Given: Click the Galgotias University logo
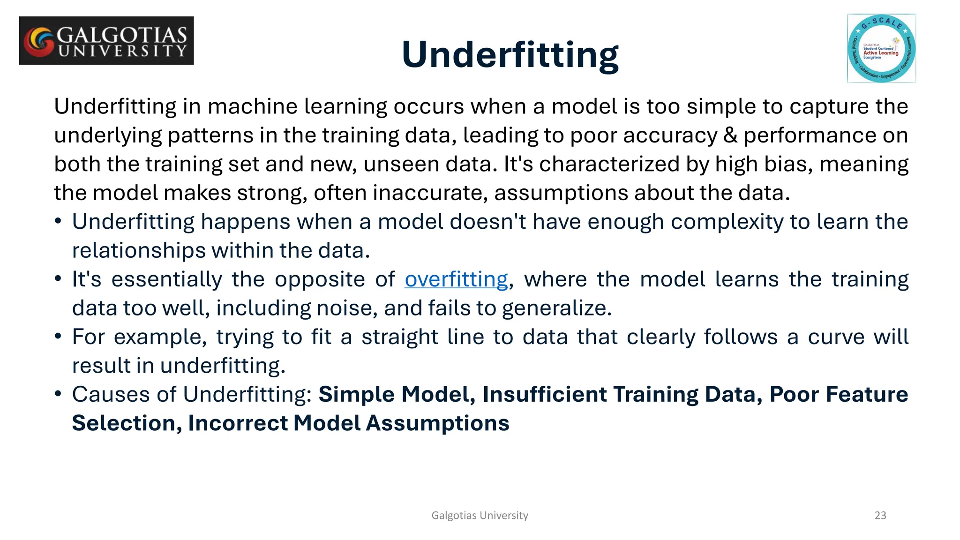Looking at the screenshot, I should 106,41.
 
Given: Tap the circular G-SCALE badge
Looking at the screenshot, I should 881,49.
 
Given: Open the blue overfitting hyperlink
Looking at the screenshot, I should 456,280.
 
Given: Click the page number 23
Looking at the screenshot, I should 880,516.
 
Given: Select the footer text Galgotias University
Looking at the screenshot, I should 480,516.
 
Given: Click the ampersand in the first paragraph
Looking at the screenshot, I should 730,135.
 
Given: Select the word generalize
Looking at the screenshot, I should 556,308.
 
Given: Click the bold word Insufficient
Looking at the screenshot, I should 545,395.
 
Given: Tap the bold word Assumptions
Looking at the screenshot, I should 437,423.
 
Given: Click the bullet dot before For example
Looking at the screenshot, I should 58,337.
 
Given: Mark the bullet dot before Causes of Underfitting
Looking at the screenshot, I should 58,394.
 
